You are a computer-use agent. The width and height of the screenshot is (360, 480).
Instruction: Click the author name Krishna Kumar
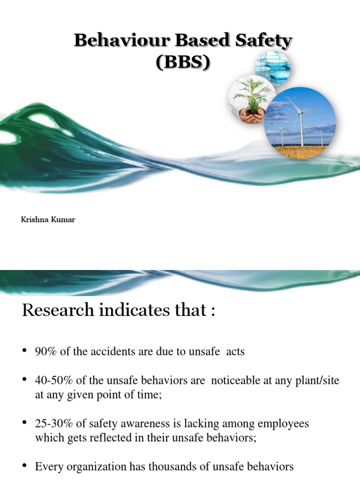pyautogui.click(x=48, y=219)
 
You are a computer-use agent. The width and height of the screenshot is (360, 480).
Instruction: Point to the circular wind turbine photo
pyautogui.click(x=300, y=123)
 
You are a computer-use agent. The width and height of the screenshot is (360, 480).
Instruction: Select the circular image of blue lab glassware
pyautogui.click(x=273, y=68)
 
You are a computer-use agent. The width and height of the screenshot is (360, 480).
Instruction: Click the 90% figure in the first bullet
pyautogui.click(x=46, y=351)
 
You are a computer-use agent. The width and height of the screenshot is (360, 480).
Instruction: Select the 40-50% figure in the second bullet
pyautogui.click(x=52, y=381)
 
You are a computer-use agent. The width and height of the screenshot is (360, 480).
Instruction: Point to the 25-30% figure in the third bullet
pyautogui.click(x=52, y=423)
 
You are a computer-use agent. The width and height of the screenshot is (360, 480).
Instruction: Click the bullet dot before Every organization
pyautogui.click(x=25, y=466)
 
